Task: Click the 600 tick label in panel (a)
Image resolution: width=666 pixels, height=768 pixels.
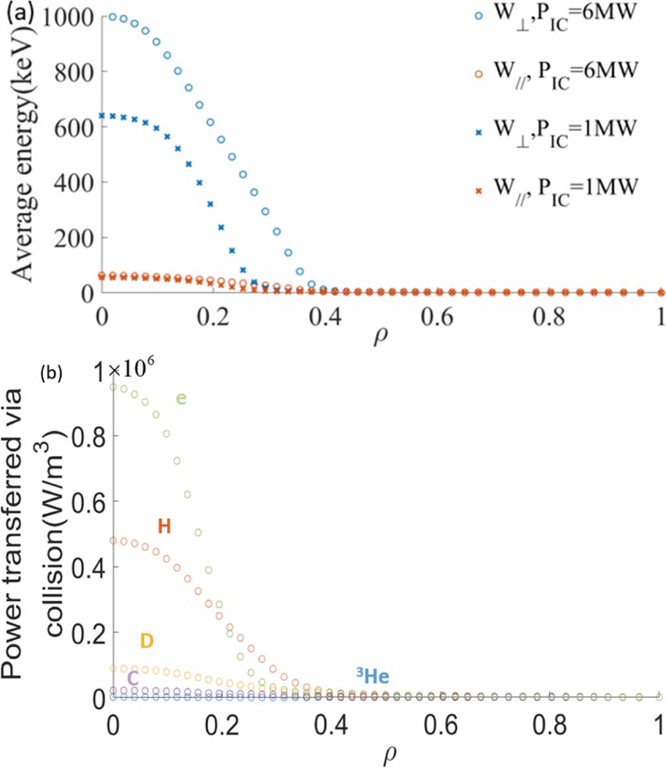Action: click(73, 127)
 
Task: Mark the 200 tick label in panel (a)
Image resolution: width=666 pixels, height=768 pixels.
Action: click(73, 238)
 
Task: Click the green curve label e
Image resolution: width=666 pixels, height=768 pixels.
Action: click(181, 398)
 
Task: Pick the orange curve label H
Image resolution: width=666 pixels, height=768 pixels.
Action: click(164, 526)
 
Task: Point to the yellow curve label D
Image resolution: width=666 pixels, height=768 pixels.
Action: click(147, 641)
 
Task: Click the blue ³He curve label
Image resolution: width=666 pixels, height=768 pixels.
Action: click(372, 677)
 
